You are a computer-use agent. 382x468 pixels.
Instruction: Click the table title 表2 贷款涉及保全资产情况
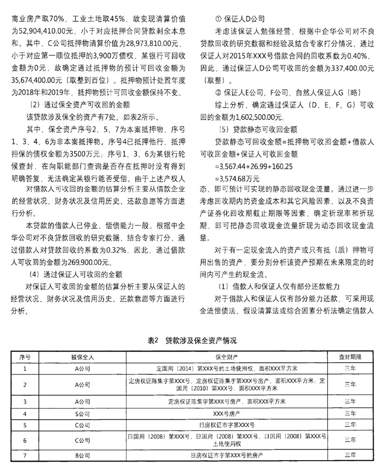pyautogui.click(x=192, y=340)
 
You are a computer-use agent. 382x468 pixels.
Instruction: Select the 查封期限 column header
pyautogui.click(x=349, y=357)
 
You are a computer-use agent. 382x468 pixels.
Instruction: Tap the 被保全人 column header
pyautogui.click(x=82, y=357)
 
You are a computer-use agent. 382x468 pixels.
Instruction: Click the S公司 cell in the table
pyautogui.click(x=82, y=413)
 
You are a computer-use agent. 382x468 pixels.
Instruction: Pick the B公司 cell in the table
pyautogui.click(x=82, y=454)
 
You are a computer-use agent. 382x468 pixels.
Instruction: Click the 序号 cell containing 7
pyautogui.click(x=25, y=454)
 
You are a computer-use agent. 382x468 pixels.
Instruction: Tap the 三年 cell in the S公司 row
pyautogui.click(x=349, y=413)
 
